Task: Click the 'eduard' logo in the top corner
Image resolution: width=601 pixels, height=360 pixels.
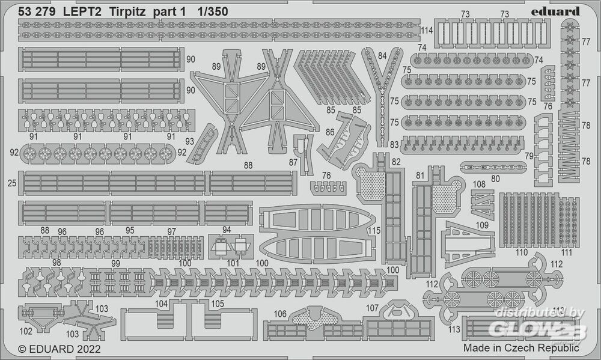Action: point(556,11)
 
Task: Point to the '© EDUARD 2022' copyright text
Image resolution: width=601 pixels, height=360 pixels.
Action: point(59,348)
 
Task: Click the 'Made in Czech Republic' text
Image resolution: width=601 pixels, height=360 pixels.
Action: point(521,347)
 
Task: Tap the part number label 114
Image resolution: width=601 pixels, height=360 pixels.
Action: point(427,30)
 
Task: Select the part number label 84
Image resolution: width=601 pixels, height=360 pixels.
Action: point(382,56)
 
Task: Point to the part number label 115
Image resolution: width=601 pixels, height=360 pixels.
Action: point(374,231)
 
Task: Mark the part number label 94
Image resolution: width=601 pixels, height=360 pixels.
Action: point(227,229)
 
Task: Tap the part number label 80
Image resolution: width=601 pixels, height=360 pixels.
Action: point(495,178)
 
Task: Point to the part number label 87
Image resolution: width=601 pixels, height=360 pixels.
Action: point(293,163)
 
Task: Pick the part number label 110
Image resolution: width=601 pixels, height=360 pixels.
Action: point(520,252)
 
